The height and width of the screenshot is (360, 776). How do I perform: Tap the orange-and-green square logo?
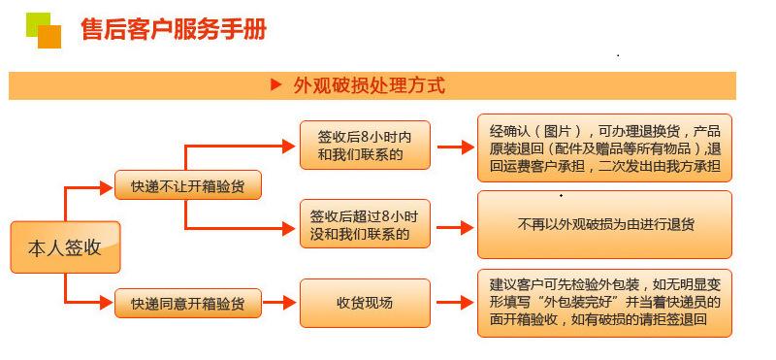(43, 31)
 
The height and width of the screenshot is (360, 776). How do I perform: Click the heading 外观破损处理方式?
(369, 85)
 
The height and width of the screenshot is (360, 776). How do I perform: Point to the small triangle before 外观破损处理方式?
(275, 85)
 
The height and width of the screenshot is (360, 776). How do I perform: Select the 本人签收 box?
(65, 247)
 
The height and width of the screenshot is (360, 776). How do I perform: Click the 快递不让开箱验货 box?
(187, 185)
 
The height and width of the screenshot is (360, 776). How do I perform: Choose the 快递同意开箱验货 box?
(187, 304)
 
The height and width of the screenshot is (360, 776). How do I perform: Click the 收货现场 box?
(364, 304)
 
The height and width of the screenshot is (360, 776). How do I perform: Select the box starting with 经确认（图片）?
(604, 147)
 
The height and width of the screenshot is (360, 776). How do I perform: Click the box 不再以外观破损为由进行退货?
(604, 224)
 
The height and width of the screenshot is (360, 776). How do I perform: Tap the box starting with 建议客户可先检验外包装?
(604, 303)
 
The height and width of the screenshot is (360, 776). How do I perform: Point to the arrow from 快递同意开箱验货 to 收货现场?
(278, 304)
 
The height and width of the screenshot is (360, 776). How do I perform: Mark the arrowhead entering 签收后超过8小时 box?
(288, 229)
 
